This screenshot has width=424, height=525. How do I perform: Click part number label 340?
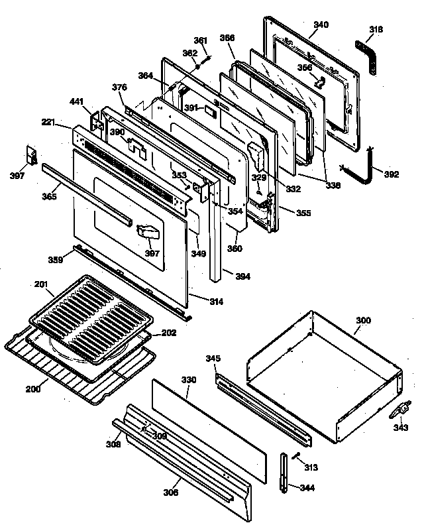click(x=321, y=25)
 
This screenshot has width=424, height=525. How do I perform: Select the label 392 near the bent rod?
click(x=392, y=175)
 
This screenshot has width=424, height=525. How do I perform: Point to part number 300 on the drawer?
click(x=362, y=321)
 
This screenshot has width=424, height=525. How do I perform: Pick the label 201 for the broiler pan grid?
click(x=41, y=284)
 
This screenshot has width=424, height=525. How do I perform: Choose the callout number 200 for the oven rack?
click(x=32, y=389)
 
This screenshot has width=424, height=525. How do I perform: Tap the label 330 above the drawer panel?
click(x=189, y=380)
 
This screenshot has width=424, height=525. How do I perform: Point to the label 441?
click(x=77, y=101)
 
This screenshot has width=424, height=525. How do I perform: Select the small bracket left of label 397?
click(x=30, y=154)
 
